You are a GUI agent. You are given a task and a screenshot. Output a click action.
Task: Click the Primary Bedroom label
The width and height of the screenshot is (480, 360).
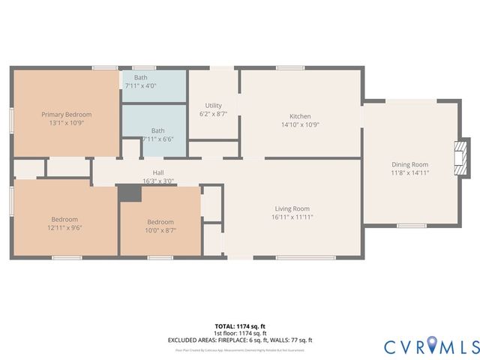pos(66,115)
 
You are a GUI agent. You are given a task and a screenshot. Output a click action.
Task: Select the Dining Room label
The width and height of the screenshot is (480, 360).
pos(409,164)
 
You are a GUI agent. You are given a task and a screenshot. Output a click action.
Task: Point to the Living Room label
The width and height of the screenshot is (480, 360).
pos(292,208)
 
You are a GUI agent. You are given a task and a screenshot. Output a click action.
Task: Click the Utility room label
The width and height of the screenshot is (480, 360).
pos(213,106)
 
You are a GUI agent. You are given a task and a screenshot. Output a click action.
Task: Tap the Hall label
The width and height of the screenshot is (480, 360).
pos(158,172)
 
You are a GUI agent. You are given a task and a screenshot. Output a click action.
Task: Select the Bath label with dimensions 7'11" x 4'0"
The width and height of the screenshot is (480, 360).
pos(140,77)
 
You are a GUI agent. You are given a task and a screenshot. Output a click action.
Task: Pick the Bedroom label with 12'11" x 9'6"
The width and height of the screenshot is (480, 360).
pos(64,219)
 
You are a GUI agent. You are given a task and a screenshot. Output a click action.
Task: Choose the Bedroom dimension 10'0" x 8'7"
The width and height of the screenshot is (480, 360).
pos(160,231)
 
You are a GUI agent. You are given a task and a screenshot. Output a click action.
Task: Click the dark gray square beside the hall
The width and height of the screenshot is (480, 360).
pos(130,193)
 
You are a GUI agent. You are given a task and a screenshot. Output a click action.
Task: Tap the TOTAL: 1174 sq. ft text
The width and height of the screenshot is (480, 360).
pos(239,326)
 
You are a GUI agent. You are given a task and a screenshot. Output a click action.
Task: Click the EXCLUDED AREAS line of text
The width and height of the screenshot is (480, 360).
pos(239,340)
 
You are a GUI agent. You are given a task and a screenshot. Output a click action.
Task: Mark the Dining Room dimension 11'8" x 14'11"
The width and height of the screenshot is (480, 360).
pos(409,172)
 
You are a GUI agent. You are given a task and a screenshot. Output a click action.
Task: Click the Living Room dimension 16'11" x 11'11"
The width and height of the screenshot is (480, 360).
pos(292,217)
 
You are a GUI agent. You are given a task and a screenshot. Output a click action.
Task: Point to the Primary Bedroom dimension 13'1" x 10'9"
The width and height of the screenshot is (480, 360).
pos(66,123)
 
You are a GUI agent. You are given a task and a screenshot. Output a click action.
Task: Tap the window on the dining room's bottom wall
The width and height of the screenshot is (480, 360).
pos(411,225)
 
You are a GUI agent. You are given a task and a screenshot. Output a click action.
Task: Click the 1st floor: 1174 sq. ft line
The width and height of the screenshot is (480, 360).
pos(239,333)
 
